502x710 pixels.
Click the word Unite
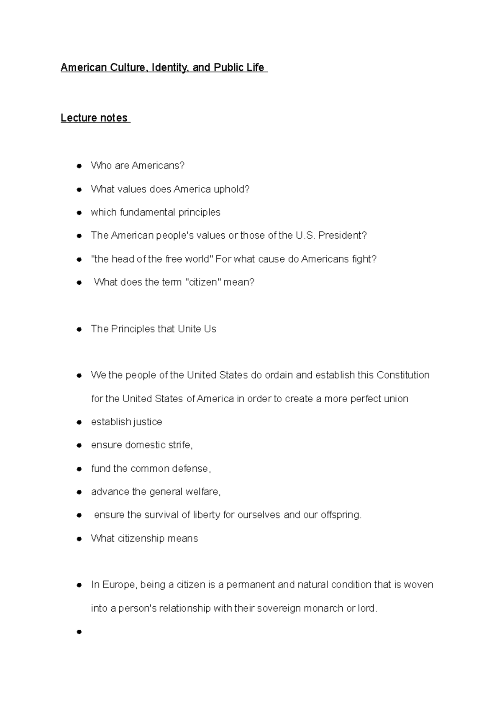coord(189,329)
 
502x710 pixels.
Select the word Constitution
coord(403,375)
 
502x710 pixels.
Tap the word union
coord(396,398)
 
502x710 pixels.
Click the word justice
coord(146,422)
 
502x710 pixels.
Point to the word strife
coord(180,445)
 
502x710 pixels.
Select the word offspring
coord(341,515)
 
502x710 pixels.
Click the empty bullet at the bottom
coord(79,632)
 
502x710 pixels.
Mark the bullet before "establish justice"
coord(79,422)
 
